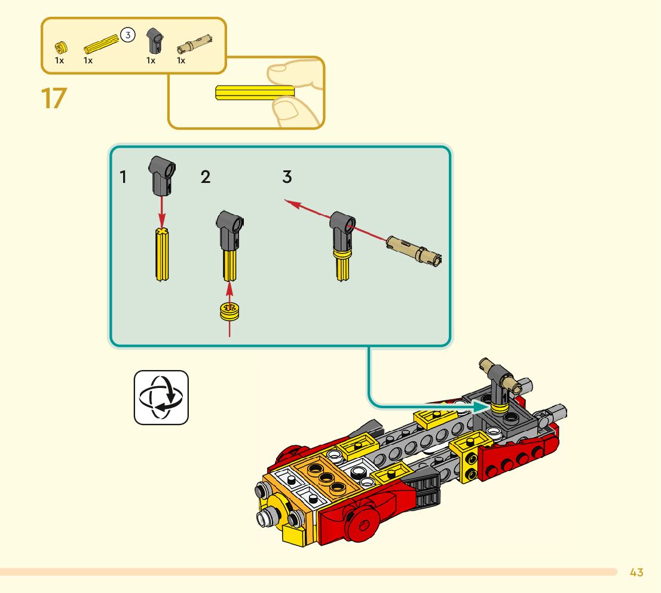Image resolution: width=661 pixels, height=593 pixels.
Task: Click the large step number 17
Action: (x=53, y=99)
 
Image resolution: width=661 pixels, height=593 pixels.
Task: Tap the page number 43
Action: (x=636, y=573)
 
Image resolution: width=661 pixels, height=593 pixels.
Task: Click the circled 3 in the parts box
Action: (x=127, y=35)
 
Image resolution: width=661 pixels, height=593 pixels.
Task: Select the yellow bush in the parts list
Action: (x=60, y=46)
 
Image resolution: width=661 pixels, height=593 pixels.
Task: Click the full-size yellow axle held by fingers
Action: (x=251, y=93)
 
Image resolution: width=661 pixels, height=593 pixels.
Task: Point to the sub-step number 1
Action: (x=123, y=178)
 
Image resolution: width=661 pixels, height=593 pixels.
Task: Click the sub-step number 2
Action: (x=206, y=178)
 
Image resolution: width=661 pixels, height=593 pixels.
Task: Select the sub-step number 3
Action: (x=287, y=178)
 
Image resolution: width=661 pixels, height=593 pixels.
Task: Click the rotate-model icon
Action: (x=161, y=397)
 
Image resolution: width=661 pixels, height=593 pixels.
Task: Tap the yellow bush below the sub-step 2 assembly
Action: (x=229, y=311)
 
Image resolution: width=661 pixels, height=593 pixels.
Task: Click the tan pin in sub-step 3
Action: (x=414, y=249)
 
